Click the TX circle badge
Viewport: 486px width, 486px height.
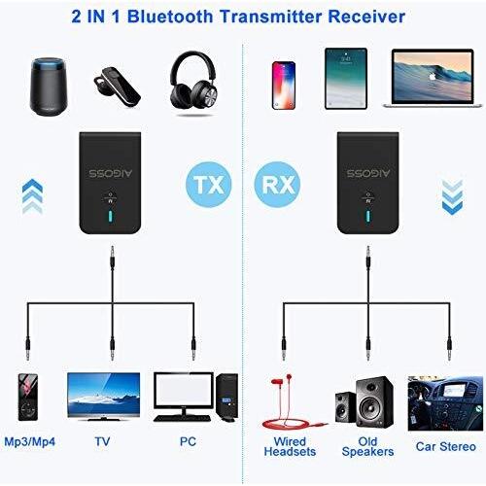point(209,185)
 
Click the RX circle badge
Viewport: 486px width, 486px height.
point(277,185)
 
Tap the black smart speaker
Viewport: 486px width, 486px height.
point(49,87)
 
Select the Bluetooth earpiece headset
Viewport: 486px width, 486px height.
point(117,87)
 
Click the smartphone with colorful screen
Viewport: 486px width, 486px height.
point(284,86)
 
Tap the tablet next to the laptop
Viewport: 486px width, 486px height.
point(346,79)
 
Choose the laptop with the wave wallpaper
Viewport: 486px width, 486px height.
point(433,78)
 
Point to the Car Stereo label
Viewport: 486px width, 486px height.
point(446,446)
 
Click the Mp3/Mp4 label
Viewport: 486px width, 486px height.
point(30,441)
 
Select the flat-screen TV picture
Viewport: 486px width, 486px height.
point(104,397)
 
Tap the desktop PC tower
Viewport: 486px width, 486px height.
point(226,398)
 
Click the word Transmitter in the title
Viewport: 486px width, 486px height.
point(270,17)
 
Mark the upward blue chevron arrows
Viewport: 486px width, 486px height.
point(32,196)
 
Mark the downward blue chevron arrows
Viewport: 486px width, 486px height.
point(452,196)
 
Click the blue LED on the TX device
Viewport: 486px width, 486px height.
point(111,217)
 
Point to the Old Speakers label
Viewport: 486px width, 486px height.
point(367,446)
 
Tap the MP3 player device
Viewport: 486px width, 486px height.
point(27,398)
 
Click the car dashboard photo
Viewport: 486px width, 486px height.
point(445,403)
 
